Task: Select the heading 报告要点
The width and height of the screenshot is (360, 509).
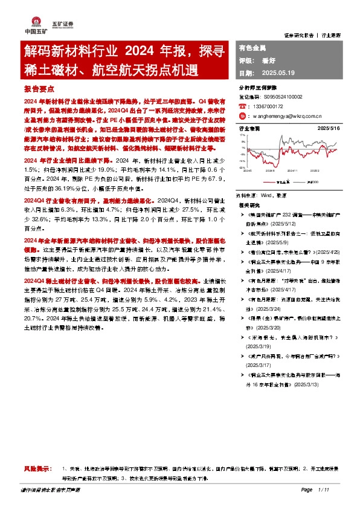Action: [x=40, y=88]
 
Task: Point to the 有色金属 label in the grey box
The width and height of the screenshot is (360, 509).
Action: [x=253, y=47]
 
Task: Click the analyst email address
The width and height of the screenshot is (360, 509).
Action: [x=284, y=115]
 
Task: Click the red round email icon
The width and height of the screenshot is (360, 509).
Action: [x=242, y=115]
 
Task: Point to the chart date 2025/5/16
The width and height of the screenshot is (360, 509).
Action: [x=328, y=129]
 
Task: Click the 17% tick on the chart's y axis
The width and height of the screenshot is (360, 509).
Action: [x=243, y=135]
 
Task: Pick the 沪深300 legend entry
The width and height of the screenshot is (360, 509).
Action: [x=312, y=180]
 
